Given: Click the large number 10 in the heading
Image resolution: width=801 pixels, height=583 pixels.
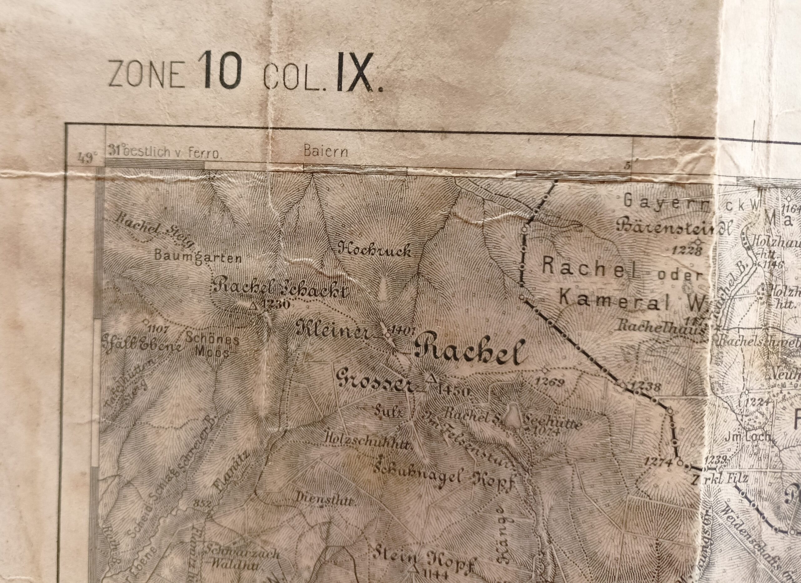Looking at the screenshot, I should coord(220,70).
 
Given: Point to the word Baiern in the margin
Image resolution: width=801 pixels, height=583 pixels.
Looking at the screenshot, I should coord(326,152).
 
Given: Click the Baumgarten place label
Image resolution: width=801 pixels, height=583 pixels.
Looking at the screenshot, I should coord(198,257).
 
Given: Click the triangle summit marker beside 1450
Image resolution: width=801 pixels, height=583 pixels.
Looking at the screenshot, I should coord(430,379).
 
